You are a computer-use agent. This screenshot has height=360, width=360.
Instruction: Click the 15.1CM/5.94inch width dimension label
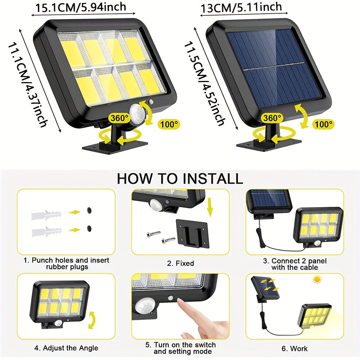(x=81, y=7)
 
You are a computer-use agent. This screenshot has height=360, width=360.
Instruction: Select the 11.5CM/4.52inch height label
(x=204, y=84)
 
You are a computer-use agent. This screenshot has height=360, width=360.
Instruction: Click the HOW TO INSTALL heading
(x=180, y=179)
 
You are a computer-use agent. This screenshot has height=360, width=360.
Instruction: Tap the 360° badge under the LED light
(x=120, y=118)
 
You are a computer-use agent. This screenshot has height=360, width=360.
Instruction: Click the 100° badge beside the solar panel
(x=323, y=124)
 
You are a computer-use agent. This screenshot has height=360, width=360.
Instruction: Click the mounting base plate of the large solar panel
(x=269, y=144)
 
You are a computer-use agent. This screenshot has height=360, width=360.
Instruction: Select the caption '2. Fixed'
(x=180, y=263)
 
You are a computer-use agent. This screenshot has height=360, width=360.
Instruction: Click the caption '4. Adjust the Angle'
(x=66, y=348)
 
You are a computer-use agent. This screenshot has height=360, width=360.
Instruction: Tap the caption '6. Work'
(x=294, y=348)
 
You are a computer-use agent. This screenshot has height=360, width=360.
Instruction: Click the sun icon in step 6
(x=317, y=279)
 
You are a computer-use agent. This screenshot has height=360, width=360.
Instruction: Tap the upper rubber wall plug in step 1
(x=46, y=215)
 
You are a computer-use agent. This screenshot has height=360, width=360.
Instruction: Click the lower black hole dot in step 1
(x=89, y=229)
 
